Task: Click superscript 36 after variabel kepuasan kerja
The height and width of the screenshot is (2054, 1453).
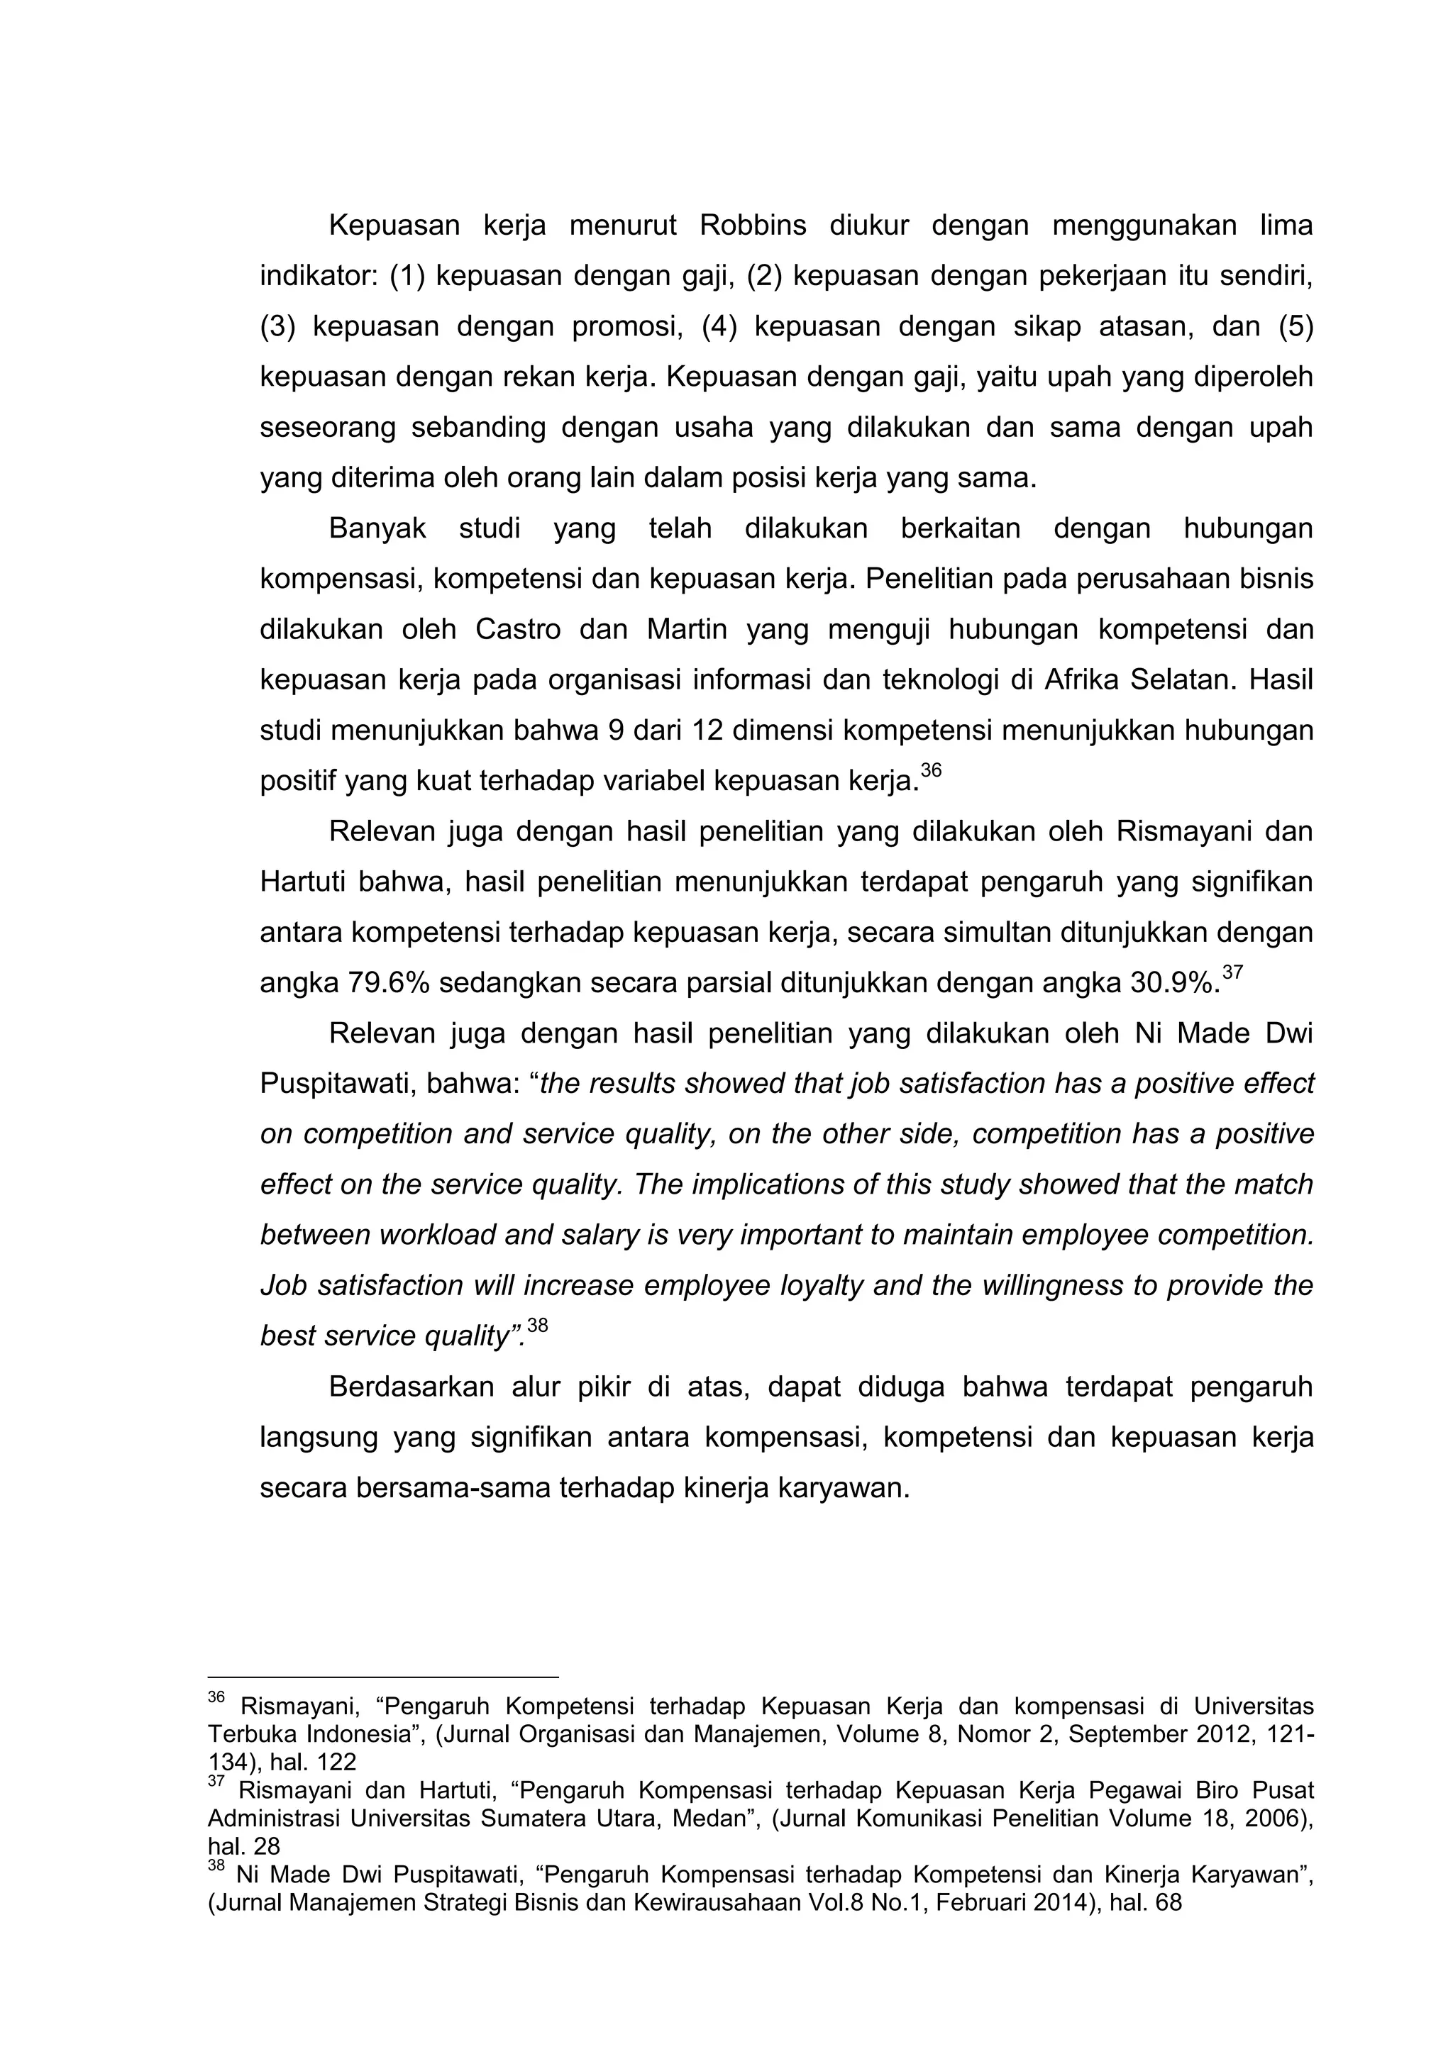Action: click(932, 770)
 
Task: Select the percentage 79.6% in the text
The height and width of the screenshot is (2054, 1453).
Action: click(388, 984)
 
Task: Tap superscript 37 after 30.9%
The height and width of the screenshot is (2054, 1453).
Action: click(1233, 972)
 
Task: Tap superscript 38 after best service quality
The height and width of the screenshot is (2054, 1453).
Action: click(537, 1326)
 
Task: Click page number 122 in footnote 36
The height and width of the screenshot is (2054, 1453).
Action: click(336, 1763)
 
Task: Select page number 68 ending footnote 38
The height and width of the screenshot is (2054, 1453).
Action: click(1169, 1903)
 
